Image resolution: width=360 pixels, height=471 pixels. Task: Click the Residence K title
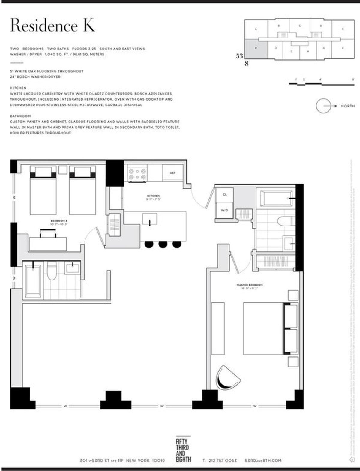[x=52, y=25]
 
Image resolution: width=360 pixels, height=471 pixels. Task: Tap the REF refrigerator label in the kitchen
[x=172, y=173]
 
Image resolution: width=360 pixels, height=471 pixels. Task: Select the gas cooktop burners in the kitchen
[x=137, y=174]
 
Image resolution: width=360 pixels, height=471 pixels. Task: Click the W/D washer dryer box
[x=225, y=210]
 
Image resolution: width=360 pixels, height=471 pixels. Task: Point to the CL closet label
[x=225, y=195]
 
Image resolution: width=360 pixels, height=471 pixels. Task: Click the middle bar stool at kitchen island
[x=163, y=244]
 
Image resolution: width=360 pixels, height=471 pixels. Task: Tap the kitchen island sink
[x=150, y=219]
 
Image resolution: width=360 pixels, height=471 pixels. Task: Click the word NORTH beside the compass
[x=348, y=106]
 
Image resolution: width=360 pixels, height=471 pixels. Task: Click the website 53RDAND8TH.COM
[x=263, y=460]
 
